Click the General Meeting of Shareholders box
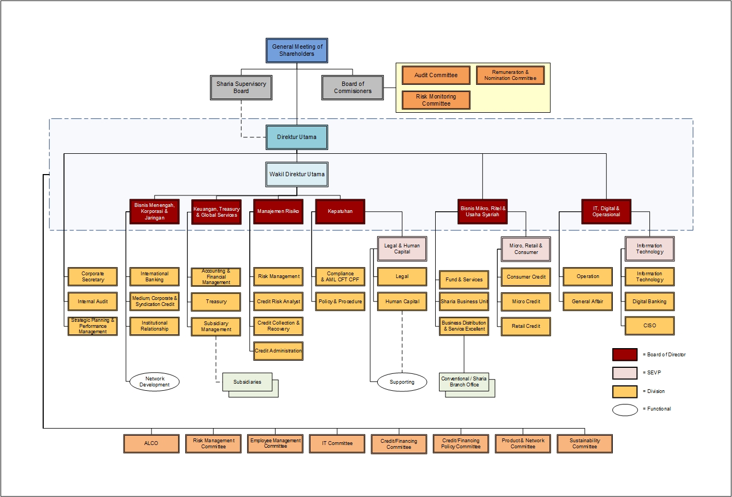[297, 50]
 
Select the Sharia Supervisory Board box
[241, 88]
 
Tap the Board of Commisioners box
[353, 88]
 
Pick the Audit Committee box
[436, 76]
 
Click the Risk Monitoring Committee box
[436, 100]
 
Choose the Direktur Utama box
[297, 137]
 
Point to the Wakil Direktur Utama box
[297, 175]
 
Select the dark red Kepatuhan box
[340, 211]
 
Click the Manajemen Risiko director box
[278, 211]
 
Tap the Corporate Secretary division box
[92, 277]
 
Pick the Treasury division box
[216, 302]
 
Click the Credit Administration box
[278, 351]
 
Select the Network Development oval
[154, 382]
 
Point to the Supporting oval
[402, 382]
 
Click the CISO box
[649, 326]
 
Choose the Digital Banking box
[649, 302]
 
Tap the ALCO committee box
[151, 443]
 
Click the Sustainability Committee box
[584, 443]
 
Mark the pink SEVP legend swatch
[624, 373]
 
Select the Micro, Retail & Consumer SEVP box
[526, 249]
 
